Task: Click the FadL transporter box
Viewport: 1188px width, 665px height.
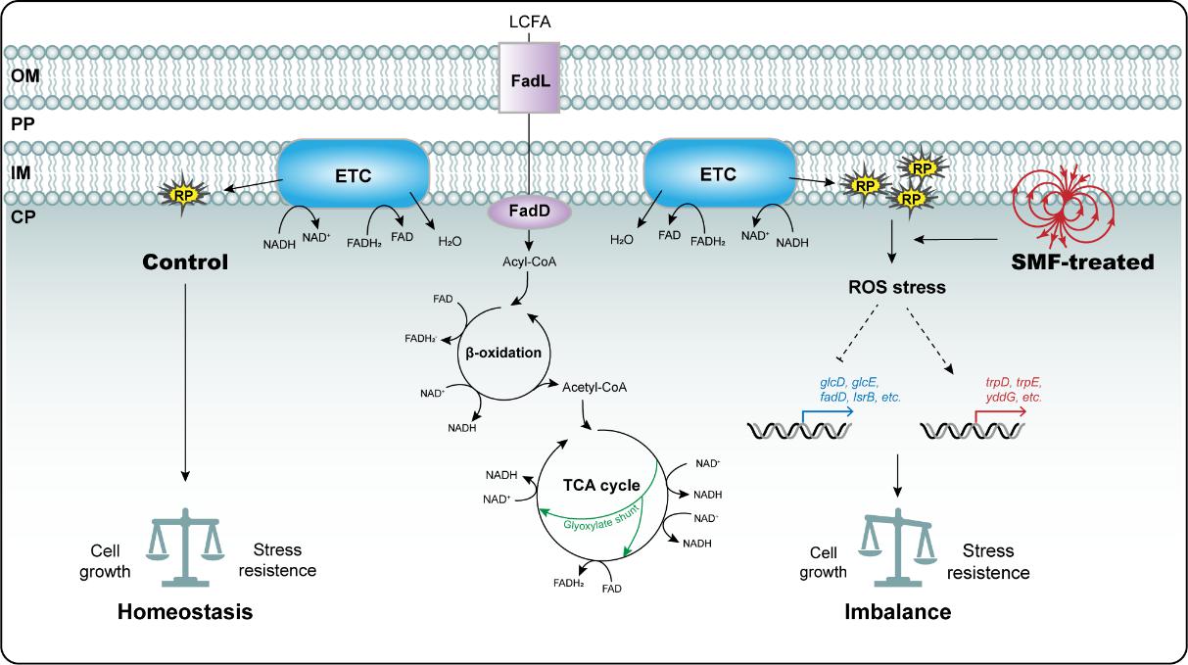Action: [529, 76]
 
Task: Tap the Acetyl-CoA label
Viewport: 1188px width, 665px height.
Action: [594, 387]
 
